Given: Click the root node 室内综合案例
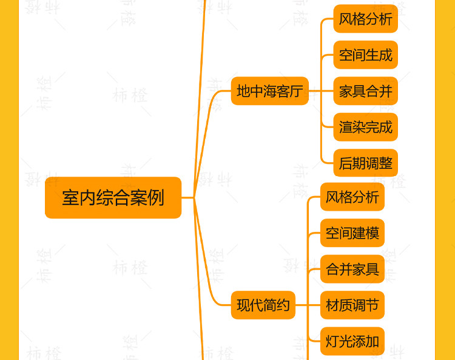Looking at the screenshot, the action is tap(113, 197).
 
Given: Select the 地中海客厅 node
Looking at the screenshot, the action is tap(269, 91).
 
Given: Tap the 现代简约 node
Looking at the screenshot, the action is tap(263, 305).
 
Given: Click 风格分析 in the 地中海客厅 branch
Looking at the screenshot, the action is tap(365, 19).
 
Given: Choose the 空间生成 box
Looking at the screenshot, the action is tap(365, 55).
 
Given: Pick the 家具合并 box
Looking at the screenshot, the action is tap(365, 91).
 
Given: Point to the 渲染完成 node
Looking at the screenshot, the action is tap(365, 127).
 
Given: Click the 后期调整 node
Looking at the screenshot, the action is tap(365, 163).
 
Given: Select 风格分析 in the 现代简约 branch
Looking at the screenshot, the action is tap(352, 197).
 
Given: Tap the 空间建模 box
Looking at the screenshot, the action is tap(352, 233).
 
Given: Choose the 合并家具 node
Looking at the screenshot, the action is tap(352, 269).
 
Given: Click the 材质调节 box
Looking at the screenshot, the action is tap(352, 305).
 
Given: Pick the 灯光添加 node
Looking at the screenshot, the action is tap(352, 341).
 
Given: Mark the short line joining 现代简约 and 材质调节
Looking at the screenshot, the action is tap(308, 305).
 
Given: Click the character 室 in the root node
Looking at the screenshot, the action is tap(70, 198).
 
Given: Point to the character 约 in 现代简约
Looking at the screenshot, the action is tap(283, 305).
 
